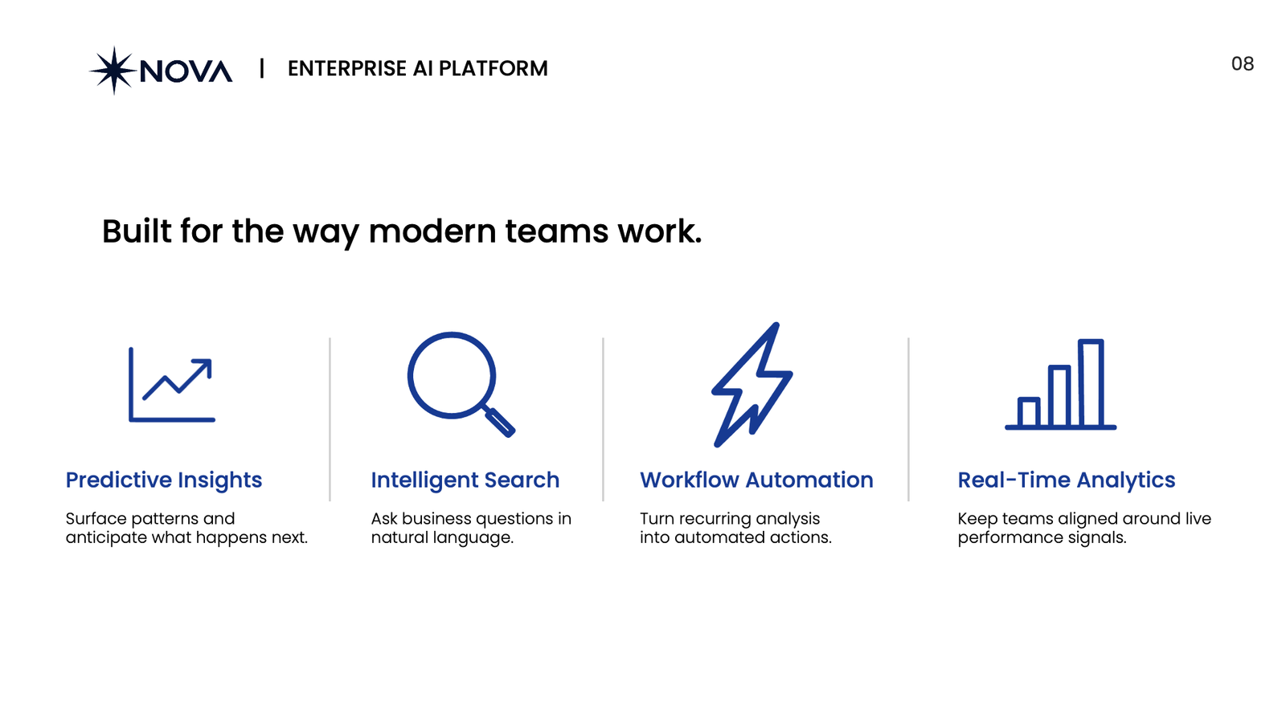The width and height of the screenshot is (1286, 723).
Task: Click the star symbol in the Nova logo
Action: pos(113,71)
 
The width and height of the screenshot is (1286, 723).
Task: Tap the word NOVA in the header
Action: pos(186,71)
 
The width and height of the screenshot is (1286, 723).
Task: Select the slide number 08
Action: pos(1243,63)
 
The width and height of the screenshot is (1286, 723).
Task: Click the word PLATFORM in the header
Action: pos(494,68)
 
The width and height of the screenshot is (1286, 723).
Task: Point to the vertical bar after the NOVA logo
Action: pos(262,67)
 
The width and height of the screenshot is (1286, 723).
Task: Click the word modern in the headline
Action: pos(432,231)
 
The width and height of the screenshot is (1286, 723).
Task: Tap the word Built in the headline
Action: pos(137,231)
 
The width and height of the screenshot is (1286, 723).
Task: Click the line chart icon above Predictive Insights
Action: pos(172,385)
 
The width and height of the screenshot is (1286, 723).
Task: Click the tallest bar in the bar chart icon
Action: pos(1091,382)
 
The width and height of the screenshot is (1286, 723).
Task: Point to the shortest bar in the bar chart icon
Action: pos(1029,411)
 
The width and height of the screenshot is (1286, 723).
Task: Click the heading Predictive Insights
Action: pos(164,480)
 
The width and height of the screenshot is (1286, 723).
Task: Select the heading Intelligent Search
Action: pos(465,480)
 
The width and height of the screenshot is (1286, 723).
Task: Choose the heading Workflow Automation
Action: pos(756,480)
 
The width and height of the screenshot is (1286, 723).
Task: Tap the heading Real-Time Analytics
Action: pos(1066,480)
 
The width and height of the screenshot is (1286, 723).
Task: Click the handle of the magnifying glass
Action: pos(499,423)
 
